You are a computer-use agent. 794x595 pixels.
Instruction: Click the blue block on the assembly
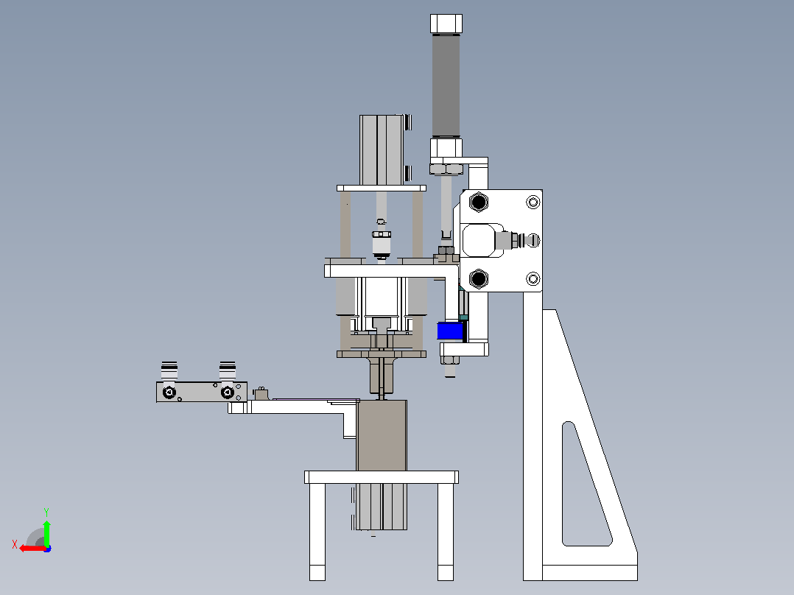(x=450, y=331)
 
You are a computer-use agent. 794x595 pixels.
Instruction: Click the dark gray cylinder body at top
(x=446, y=85)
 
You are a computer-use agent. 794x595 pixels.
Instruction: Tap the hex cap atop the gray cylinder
(x=446, y=24)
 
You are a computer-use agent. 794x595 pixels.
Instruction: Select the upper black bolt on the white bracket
(x=479, y=202)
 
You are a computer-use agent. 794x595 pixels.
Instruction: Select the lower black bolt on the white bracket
(x=479, y=278)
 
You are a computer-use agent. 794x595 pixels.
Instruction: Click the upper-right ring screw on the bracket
(x=533, y=203)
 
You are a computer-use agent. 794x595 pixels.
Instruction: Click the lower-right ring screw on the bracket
(x=533, y=279)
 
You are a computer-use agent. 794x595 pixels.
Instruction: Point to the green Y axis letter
(x=46, y=512)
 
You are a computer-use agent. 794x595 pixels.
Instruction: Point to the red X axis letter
(x=15, y=544)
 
